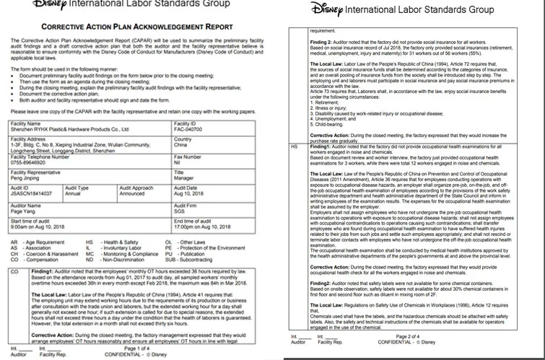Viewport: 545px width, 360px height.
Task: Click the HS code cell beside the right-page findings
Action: click(x=293, y=146)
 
